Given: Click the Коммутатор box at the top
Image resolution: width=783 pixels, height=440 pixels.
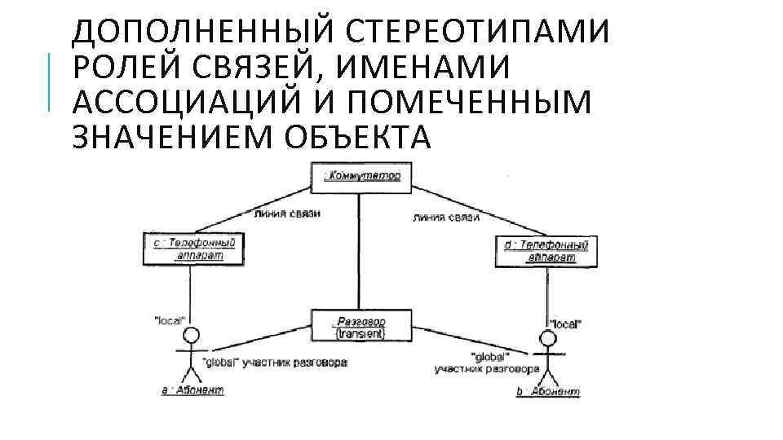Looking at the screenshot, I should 360,177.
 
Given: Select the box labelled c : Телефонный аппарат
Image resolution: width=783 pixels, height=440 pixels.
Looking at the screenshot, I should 193,249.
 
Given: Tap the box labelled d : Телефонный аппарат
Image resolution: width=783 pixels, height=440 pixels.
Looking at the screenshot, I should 542,250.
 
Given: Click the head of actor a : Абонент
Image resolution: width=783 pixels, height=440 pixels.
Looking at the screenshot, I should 191,336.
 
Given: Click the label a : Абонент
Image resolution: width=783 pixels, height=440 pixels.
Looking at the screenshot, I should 192,390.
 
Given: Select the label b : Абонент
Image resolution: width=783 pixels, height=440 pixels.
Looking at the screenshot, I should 547,392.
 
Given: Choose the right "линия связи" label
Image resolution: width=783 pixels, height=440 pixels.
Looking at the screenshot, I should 446,218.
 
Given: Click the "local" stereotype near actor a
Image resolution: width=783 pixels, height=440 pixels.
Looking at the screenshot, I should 170,320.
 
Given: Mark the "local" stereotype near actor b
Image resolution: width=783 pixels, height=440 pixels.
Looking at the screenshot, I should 565,323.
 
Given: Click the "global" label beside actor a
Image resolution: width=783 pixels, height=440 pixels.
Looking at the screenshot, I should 219,363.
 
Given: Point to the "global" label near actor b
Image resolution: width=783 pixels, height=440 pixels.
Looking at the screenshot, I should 489,356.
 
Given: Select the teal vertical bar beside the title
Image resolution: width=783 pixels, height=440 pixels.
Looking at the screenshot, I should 50,81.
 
